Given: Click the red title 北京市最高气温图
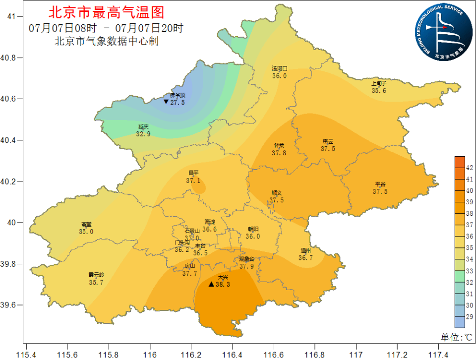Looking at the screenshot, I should [106, 12].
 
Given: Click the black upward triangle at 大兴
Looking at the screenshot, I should [211, 284].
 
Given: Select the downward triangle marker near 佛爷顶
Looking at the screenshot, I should [166, 102].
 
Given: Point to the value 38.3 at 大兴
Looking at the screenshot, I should [224, 285].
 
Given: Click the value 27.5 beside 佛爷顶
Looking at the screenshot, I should [178, 103].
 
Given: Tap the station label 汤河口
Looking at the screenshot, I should [279, 69].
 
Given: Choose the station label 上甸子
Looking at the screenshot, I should [379, 83].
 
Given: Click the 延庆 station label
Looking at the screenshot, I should [143, 127].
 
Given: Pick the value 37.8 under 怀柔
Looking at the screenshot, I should [279, 153].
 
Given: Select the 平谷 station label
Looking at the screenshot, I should [380, 184].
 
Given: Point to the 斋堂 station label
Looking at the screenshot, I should [86, 224].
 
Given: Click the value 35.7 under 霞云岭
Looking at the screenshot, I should [96, 282].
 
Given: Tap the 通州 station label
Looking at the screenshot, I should [305, 250].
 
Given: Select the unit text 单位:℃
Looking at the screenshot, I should [457, 337].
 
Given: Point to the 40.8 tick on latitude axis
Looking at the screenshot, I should [10, 58].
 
